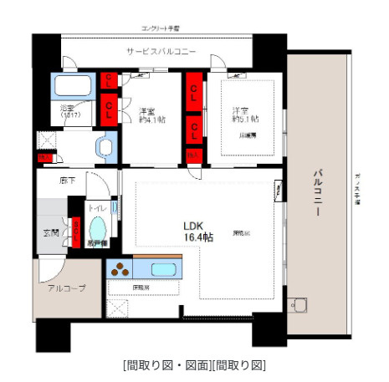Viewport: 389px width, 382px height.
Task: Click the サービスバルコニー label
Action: (x=161, y=51)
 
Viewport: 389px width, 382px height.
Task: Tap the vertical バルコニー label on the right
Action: (x=319, y=194)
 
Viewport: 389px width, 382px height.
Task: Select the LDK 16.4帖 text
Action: (x=198, y=231)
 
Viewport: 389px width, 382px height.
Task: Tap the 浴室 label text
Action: (x=67, y=111)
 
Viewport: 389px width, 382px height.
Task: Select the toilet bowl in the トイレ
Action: (x=98, y=229)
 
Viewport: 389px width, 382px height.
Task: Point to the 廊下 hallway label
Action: (x=67, y=179)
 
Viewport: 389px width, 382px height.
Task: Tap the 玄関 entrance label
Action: (x=50, y=232)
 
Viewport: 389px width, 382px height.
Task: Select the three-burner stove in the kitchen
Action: (x=121, y=269)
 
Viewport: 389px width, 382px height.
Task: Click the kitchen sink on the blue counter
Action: (x=162, y=269)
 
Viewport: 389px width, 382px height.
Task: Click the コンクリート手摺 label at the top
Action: (x=161, y=29)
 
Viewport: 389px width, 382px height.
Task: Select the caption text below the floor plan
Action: (x=194, y=365)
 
